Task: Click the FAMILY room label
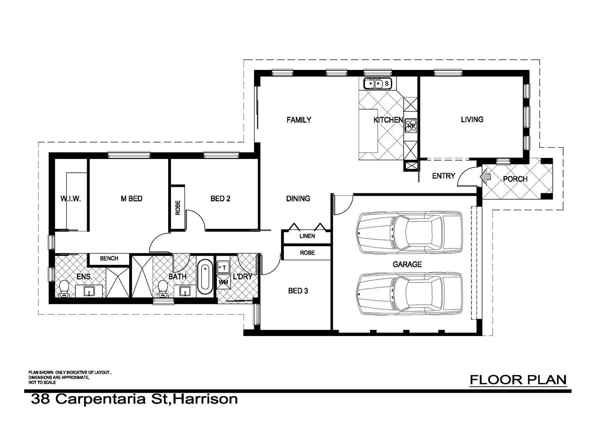click(x=299, y=120)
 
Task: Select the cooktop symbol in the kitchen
click(x=411, y=125)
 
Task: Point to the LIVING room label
click(x=472, y=120)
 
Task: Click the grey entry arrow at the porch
click(x=485, y=177)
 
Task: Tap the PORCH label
click(x=515, y=179)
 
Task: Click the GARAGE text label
click(x=407, y=265)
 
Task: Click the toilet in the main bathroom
click(x=163, y=289)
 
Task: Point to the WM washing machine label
click(x=223, y=282)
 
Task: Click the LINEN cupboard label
click(x=307, y=236)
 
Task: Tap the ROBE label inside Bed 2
click(x=178, y=207)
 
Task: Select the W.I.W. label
click(x=71, y=198)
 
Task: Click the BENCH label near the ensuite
click(x=109, y=258)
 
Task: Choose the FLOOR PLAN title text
click(x=518, y=379)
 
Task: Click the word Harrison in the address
click(x=205, y=399)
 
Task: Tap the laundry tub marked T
click(x=223, y=268)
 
